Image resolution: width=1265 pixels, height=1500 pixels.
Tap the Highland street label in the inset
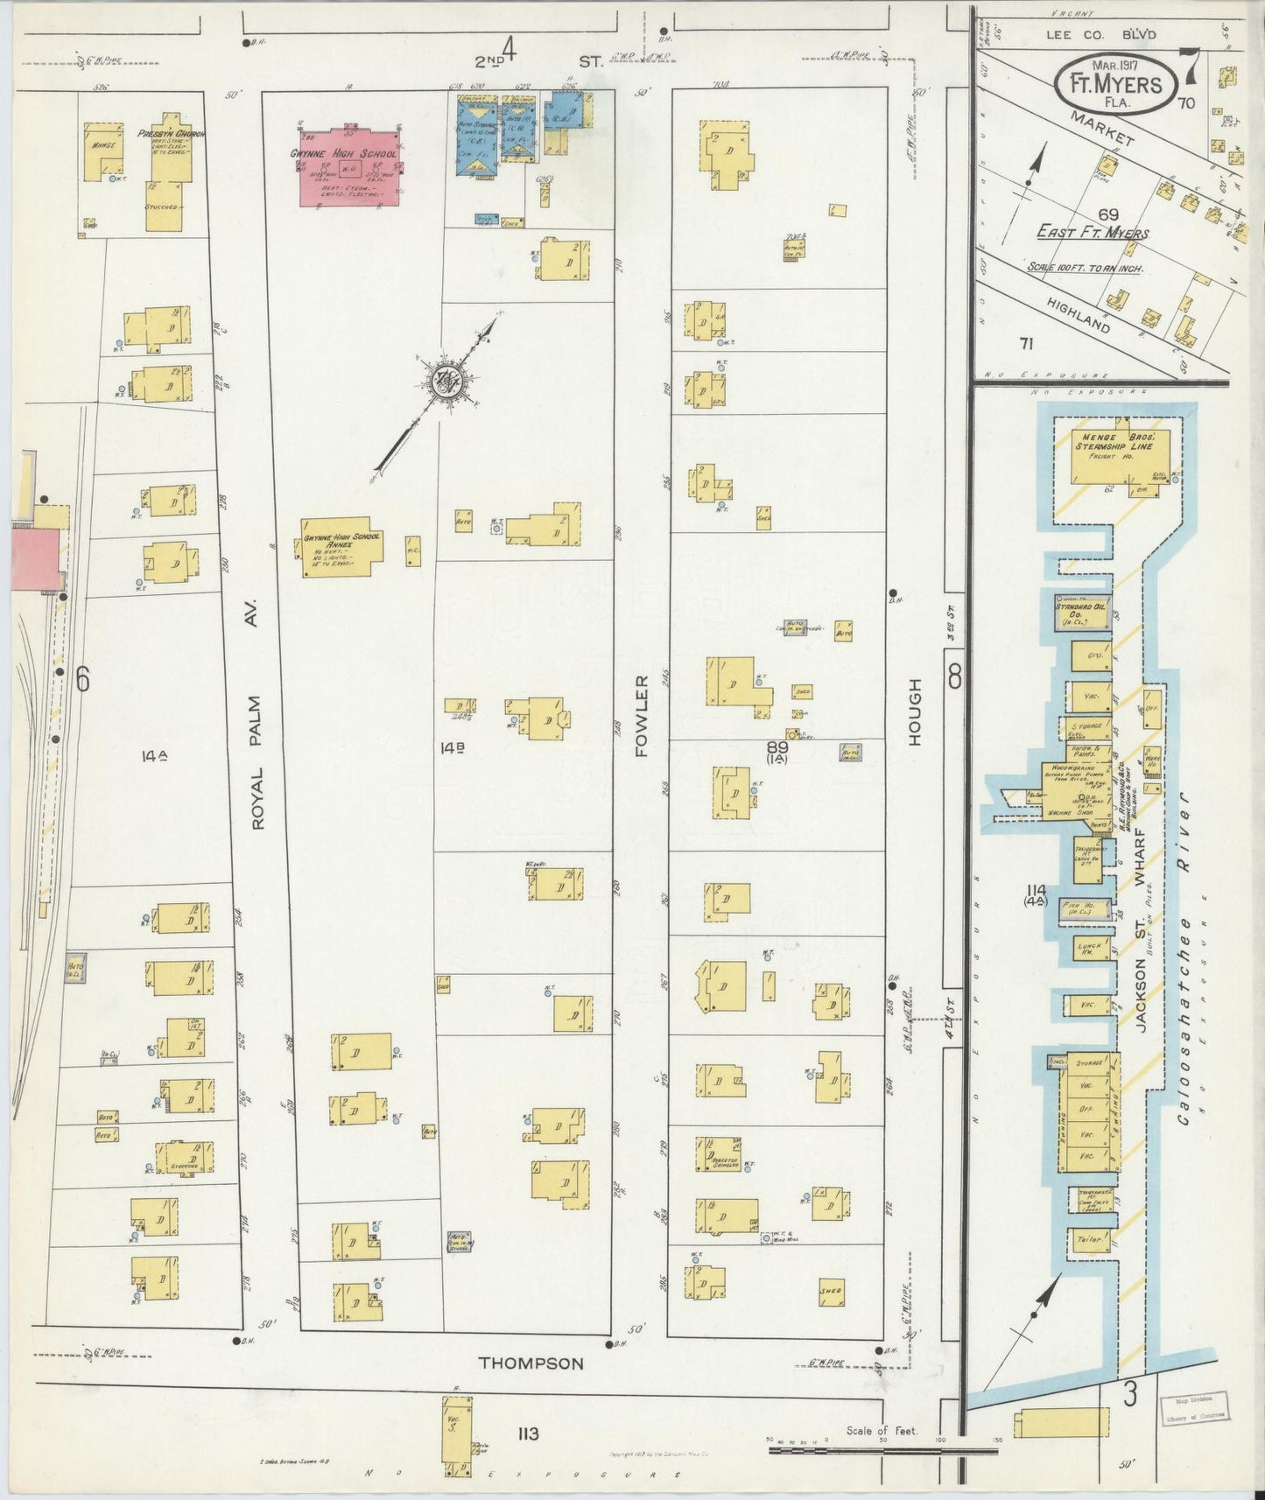point(1077,312)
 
